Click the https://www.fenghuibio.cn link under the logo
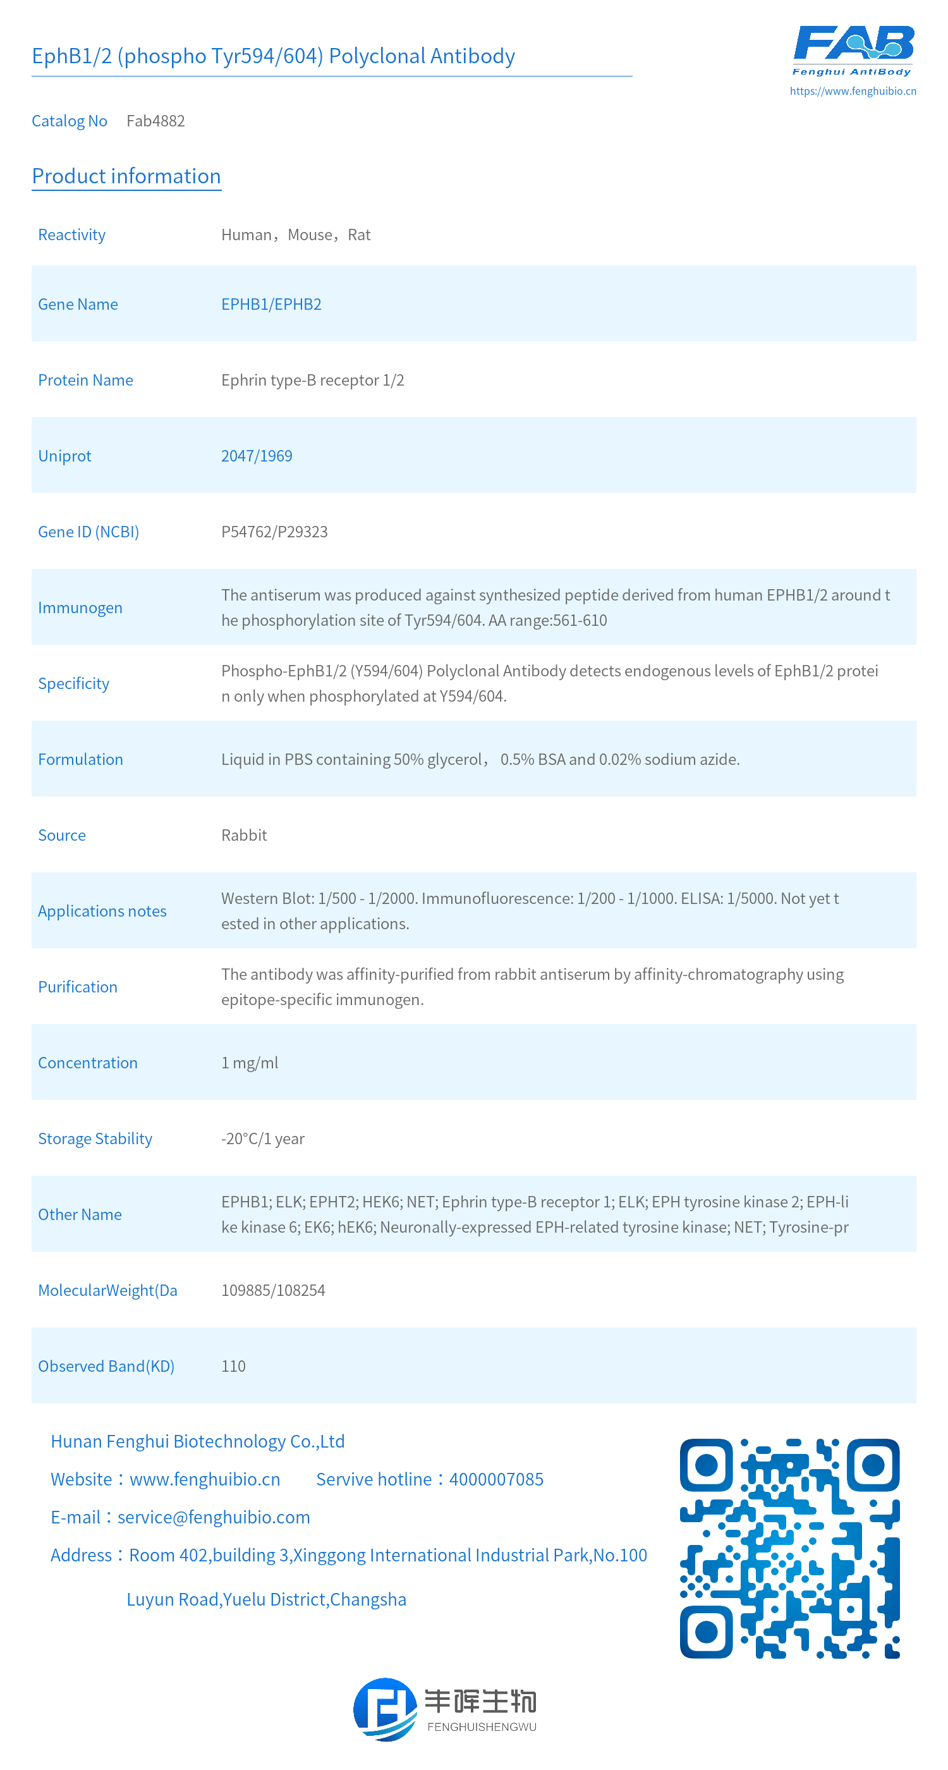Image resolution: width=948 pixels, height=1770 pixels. click(x=853, y=90)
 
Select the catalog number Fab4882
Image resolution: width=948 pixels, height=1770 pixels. click(x=155, y=121)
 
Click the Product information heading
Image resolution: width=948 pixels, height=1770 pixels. click(x=126, y=176)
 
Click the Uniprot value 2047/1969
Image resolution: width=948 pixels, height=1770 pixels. click(x=256, y=456)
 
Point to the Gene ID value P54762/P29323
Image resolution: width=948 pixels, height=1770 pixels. click(x=274, y=532)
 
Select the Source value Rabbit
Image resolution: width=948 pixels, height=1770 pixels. click(x=244, y=835)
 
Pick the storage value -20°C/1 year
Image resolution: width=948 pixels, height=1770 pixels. click(x=262, y=1138)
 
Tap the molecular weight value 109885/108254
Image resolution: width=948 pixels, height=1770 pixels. click(x=273, y=1290)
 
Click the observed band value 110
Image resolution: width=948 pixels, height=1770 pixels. click(x=233, y=1366)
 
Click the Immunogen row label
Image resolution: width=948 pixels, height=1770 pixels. click(x=80, y=607)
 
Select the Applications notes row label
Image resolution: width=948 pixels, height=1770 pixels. click(x=102, y=910)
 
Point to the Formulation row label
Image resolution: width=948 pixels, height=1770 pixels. click(x=80, y=759)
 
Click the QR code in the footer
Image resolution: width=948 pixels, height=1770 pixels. click(x=789, y=1548)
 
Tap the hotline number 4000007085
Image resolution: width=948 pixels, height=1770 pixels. click(x=496, y=1479)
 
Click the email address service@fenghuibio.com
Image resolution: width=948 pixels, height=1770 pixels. click(x=214, y=1517)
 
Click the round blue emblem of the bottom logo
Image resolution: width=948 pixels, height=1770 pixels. click(x=385, y=1709)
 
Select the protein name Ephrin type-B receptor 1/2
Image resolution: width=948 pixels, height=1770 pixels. click(x=313, y=380)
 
